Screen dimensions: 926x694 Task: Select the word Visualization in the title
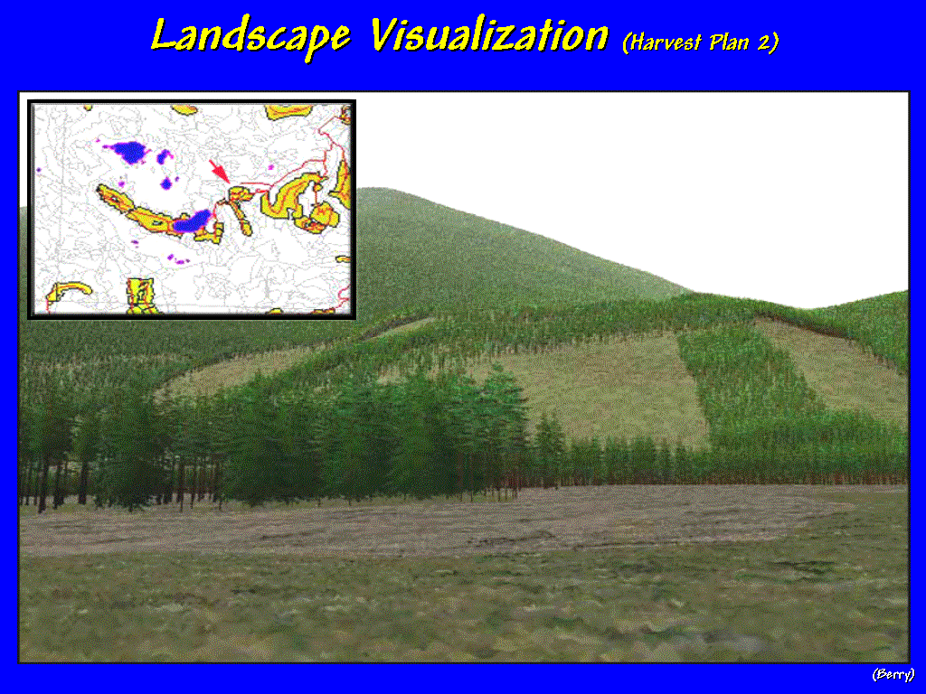[489, 34]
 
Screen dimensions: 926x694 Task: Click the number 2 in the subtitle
[761, 42]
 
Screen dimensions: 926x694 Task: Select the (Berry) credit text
[893, 674]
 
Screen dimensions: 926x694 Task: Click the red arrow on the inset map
[219, 171]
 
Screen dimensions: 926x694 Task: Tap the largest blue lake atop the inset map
[128, 152]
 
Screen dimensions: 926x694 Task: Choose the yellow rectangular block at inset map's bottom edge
[142, 295]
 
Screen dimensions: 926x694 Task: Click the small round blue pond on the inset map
[166, 184]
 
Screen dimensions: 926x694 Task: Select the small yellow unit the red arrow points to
[238, 193]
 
